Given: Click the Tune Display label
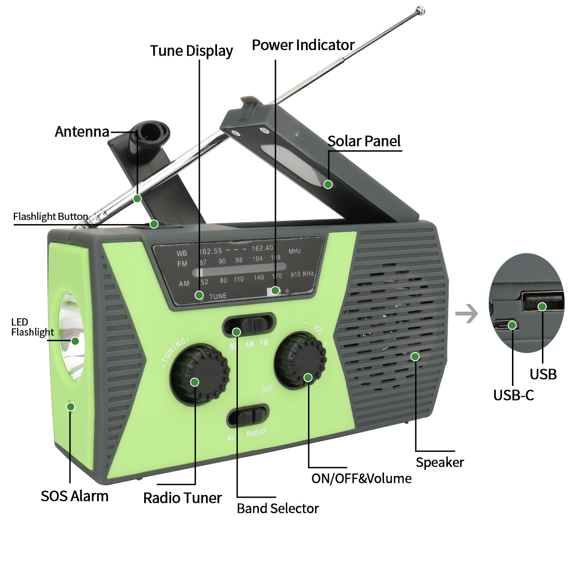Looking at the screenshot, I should click(x=191, y=51).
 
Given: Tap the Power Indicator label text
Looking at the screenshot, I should click(x=303, y=45).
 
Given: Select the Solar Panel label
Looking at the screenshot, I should click(x=364, y=141).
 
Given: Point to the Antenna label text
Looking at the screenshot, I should click(x=82, y=132).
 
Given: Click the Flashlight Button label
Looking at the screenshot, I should click(x=50, y=217).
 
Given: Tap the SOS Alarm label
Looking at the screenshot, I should click(x=75, y=496).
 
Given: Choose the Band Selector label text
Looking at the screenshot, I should click(x=278, y=509).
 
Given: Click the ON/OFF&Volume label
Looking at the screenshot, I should click(x=361, y=479).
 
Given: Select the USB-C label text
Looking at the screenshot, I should click(x=513, y=395).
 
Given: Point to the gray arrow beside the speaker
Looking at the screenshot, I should click(x=466, y=314).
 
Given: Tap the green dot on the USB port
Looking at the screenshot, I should click(x=542, y=306).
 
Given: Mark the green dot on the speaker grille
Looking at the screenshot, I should click(x=415, y=356).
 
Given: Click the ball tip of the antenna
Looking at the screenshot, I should click(x=420, y=10).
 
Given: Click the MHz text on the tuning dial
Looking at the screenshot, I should click(x=295, y=251).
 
